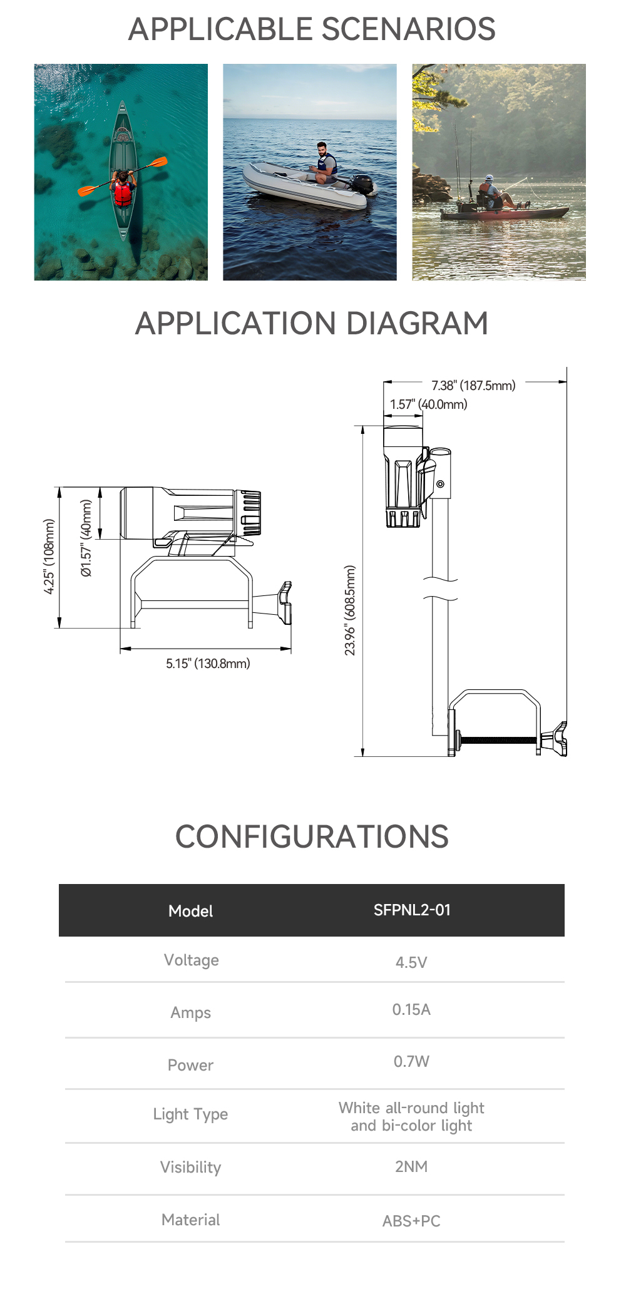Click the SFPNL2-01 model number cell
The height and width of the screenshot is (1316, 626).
(x=412, y=910)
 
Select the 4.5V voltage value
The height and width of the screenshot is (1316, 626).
(x=411, y=962)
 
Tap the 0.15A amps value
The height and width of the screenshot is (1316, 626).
(x=411, y=1009)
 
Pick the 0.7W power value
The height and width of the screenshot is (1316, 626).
(x=411, y=1061)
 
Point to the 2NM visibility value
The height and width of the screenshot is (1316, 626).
(x=411, y=1166)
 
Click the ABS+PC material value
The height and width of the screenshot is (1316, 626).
(x=411, y=1221)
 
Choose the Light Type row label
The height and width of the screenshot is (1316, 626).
(x=190, y=1114)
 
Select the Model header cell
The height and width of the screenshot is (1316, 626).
(x=190, y=911)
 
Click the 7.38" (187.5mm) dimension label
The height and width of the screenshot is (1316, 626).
(x=473, y=386)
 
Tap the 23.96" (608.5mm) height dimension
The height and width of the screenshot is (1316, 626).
(x=350, y=610)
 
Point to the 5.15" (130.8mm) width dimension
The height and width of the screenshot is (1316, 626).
(x=208, y=664)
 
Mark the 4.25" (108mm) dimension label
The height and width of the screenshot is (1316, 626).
(x=49, y=557)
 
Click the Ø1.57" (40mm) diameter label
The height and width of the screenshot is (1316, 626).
(x=86, y=538)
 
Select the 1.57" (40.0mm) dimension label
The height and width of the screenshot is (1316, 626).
(x=429, y=404)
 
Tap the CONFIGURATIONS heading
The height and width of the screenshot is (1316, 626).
(x=312, y=836)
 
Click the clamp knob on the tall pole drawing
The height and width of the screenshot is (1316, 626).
(x=557, y=739)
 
